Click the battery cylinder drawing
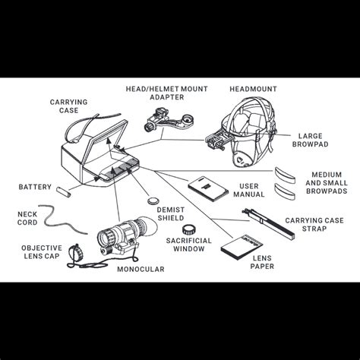[x=64, y=192]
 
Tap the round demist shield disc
[x=153, y=201]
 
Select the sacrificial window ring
[x=190, y=229]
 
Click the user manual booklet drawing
[x=208, y=189]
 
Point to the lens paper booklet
[x=242, y=247]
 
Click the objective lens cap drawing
[x=75, y=252]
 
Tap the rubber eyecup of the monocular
[x=149, y=226]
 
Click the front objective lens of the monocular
[x=105, y=237]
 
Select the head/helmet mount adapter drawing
[x=168, y=119]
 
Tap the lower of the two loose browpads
[x=285, y=191]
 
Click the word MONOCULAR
[x=141, y=269]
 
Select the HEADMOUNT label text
[x=253, y=89]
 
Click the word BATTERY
[x=35, y=187]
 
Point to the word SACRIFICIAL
[x=188, y=241]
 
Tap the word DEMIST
[x=171, y=210]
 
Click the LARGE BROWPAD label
[x=311, y=140]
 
